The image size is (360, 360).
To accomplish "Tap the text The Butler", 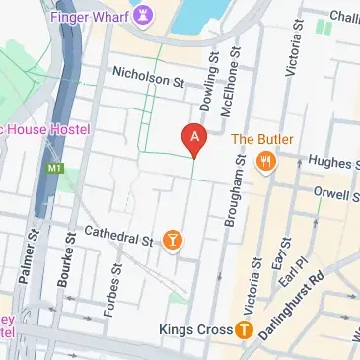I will point(263,139).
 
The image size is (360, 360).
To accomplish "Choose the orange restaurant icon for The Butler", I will point(264,163).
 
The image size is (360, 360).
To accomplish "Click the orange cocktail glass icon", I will point(173,239).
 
